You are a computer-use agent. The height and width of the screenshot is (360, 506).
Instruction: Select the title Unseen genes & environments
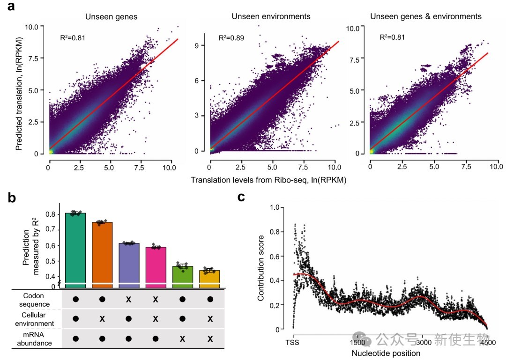pos(425,16)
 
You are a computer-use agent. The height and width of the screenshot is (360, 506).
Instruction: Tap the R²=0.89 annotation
pos(231,37)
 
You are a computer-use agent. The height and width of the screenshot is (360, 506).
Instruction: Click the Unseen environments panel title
pos(271,16)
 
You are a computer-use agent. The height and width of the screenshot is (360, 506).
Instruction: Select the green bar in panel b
pos(75,248)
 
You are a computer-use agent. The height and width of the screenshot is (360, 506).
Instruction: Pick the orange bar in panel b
pos(102,253)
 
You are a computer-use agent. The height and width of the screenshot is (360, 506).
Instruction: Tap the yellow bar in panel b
pos(209,277)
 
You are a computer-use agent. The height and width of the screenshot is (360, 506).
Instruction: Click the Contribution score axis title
pos(261,268)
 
